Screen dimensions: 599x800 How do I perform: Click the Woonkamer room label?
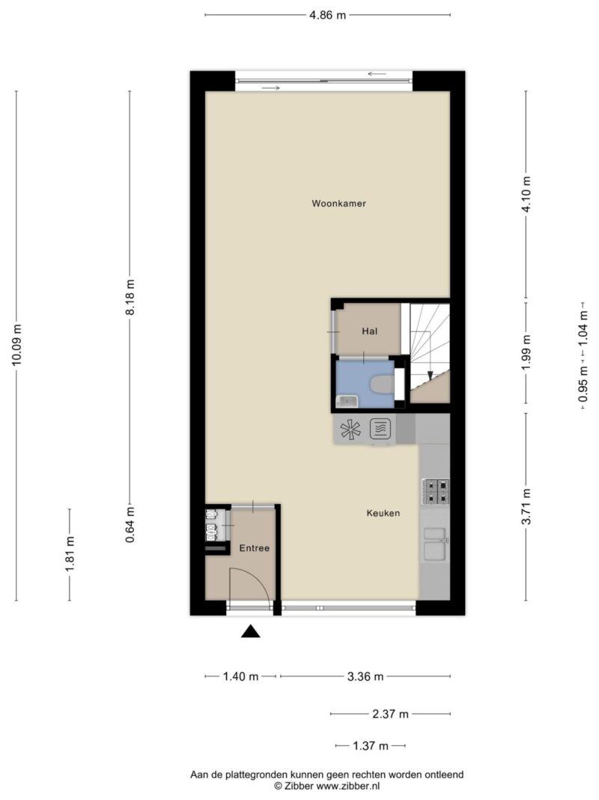coord(338,204)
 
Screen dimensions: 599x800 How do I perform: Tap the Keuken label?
coord(383,514)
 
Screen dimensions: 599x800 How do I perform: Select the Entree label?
coord(254,549)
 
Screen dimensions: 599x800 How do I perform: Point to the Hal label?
coord(370,331)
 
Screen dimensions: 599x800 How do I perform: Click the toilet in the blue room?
coord(383,384)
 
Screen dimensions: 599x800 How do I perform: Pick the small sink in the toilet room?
coord(347,402)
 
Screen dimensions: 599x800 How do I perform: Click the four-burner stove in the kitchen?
coord(436,491)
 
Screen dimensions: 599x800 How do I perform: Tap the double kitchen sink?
coord(436,544)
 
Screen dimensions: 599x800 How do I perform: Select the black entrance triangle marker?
coord(251,631)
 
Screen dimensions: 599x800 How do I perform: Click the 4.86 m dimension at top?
coord(327,15)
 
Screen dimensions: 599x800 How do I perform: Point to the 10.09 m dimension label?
coord(16,345)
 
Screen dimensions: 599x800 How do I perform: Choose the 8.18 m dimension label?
coord(130,297)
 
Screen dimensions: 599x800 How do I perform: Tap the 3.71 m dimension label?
coord(526,507)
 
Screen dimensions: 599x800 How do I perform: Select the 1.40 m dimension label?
coord(240,677)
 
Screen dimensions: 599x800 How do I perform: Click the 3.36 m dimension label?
coord(365,677)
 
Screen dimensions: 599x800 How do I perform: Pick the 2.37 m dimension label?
coord(390,715)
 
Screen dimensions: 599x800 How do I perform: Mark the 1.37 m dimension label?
coord(371,747)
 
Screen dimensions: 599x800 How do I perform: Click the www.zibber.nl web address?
coord(348,787)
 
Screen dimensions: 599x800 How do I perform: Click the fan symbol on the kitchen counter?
coord(350,429)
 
